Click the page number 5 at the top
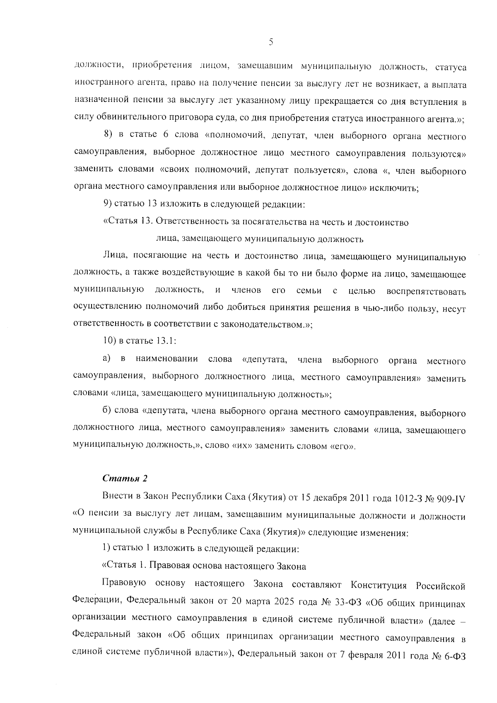click(270, 42)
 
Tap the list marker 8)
click(109, 136)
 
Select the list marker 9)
click(108, 205)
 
